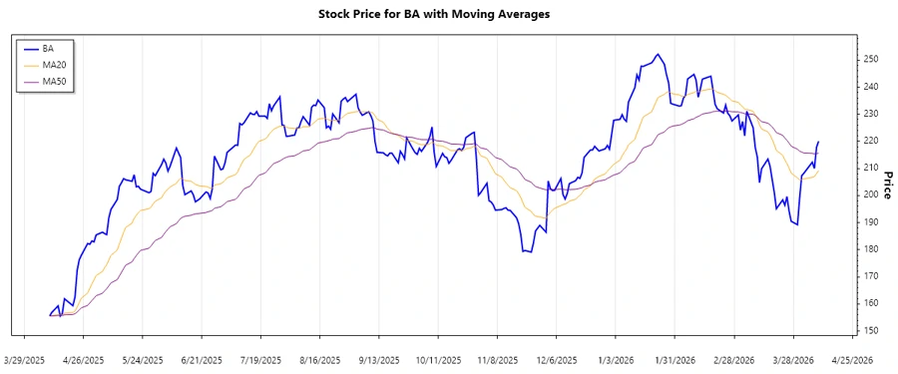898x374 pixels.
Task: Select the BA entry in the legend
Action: pos(48,48)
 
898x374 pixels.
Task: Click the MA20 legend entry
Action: pos(54,64)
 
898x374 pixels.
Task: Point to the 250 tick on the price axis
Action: pos(870,60)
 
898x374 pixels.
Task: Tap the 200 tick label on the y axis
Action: pos(870,194)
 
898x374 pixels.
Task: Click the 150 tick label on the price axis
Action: pos(870,330)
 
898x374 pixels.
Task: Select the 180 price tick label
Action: pos(870,249)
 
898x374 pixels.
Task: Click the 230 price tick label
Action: pos(870,114)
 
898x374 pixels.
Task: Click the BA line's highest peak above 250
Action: pos(657,54)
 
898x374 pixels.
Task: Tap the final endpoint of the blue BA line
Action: pos(819,142)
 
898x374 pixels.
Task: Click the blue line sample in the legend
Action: pos(30,48)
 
